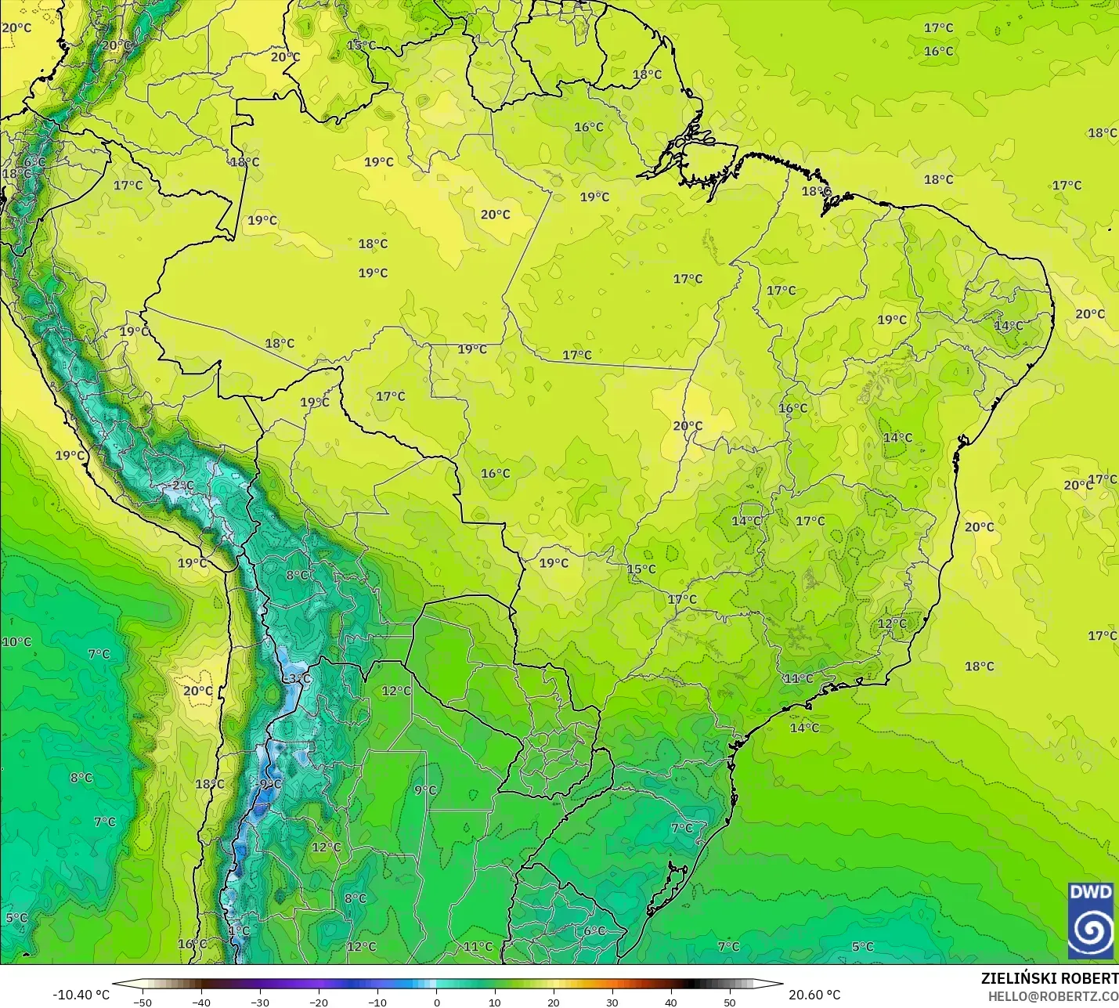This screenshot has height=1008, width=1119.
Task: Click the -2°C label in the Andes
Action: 181,486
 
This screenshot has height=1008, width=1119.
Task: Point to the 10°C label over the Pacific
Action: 16,642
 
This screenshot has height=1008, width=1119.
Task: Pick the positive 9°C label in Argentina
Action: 425,789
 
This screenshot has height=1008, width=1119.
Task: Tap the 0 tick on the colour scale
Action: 436,1002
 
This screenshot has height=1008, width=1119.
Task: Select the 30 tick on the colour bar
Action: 612,1002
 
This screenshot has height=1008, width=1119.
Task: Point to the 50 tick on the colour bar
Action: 730,1002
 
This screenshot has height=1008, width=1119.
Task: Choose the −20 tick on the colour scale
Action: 318,1002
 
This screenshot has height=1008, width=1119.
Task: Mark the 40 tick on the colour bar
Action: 671,1002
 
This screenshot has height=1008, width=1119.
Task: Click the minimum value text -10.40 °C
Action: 81,995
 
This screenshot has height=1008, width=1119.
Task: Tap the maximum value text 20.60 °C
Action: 814,995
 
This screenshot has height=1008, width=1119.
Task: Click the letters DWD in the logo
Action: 1091,892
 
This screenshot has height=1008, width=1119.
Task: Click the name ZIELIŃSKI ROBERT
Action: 1049,978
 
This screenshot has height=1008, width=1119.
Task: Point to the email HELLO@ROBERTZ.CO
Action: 1052,996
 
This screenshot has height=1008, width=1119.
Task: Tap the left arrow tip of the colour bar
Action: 114,984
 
